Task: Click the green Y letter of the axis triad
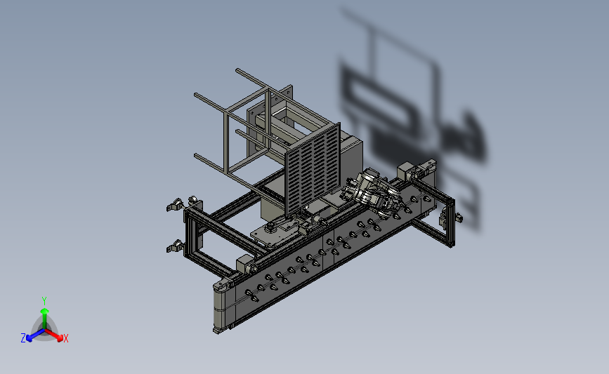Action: (x=44, y=301)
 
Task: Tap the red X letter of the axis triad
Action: (x=65, y=338)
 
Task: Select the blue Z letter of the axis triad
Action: (x=23, y=338)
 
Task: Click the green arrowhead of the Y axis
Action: (x=44, y=311)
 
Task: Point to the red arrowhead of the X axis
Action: (x=60, y=338)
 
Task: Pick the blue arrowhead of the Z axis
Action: (x=29, y=339)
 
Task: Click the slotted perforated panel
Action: (x=313, y=169)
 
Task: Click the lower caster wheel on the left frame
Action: (x=175, y=247)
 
